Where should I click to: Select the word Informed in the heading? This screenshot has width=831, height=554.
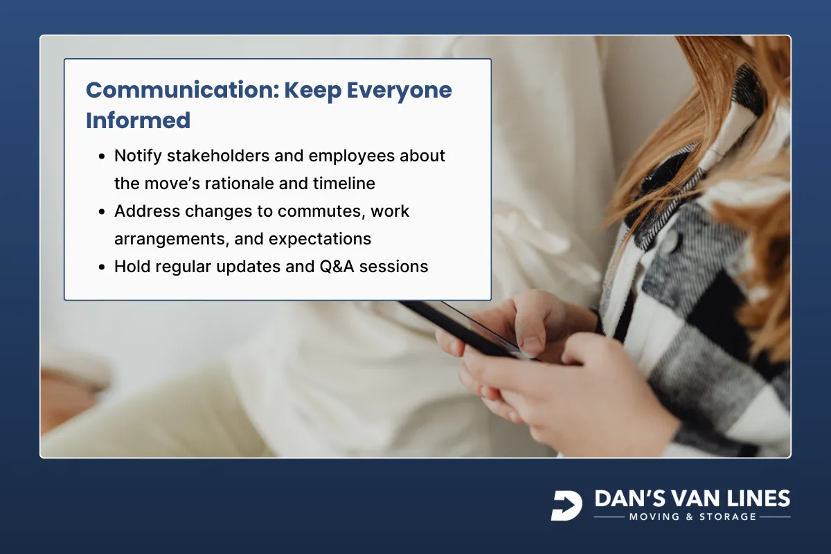[x=138, y=120]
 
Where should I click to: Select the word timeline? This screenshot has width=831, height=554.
[x=343, y=184]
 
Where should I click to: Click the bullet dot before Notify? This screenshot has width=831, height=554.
[x=101, y=157]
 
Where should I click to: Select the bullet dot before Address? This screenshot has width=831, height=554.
[x=101, y=212]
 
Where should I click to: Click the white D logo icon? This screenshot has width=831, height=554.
[x=566, y=506]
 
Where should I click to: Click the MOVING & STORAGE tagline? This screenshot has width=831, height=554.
[x=692, y=517]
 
